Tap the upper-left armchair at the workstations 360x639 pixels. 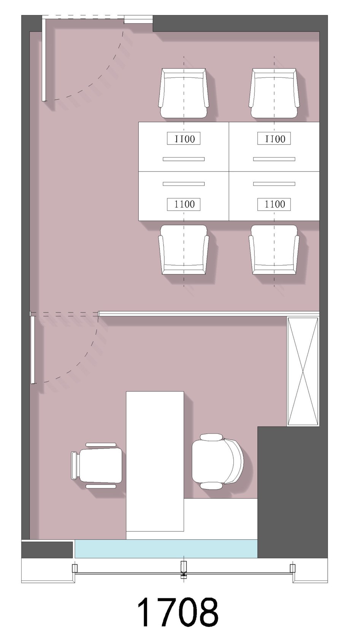point(184,93)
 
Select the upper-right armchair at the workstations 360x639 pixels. point(274,93)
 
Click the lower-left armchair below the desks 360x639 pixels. point(184,250)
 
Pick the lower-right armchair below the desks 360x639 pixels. point(274,250)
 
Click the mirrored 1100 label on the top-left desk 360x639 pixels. point(184,138)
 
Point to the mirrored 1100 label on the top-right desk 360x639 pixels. point(274,138)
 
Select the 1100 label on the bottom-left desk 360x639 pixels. point(184,204)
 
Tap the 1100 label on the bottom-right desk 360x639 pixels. point(274,204)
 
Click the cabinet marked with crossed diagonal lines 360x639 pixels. point(303,371)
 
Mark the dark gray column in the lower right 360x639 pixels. point(292,492)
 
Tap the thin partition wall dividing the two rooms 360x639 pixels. point(209,313)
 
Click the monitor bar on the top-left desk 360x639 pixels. point(184,159)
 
